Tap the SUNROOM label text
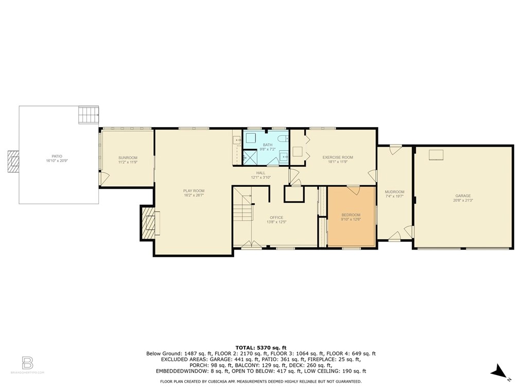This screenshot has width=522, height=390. click(x=128, y=157)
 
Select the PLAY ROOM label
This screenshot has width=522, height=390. click(x=194, y=191)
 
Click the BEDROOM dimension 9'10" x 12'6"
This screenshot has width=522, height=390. click(x=351, y=220)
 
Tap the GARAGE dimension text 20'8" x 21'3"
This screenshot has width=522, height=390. click(x=463, y=200)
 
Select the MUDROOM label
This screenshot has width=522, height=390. click(x=395, y=192)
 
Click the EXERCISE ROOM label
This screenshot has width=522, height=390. click(x=338, y=157)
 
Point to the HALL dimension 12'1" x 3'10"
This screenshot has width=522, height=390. click(x=260, y=178)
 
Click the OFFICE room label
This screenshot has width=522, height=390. click(x=276, y=218)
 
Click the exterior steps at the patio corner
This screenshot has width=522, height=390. click(x=88, y=114)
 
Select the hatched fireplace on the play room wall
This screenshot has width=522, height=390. click(x=148, y=223)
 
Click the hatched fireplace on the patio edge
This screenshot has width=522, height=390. click(x=14, y=162)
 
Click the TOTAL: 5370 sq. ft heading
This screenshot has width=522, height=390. click(x=260, y=347)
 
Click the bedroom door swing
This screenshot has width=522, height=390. click(x=353, y=190)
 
